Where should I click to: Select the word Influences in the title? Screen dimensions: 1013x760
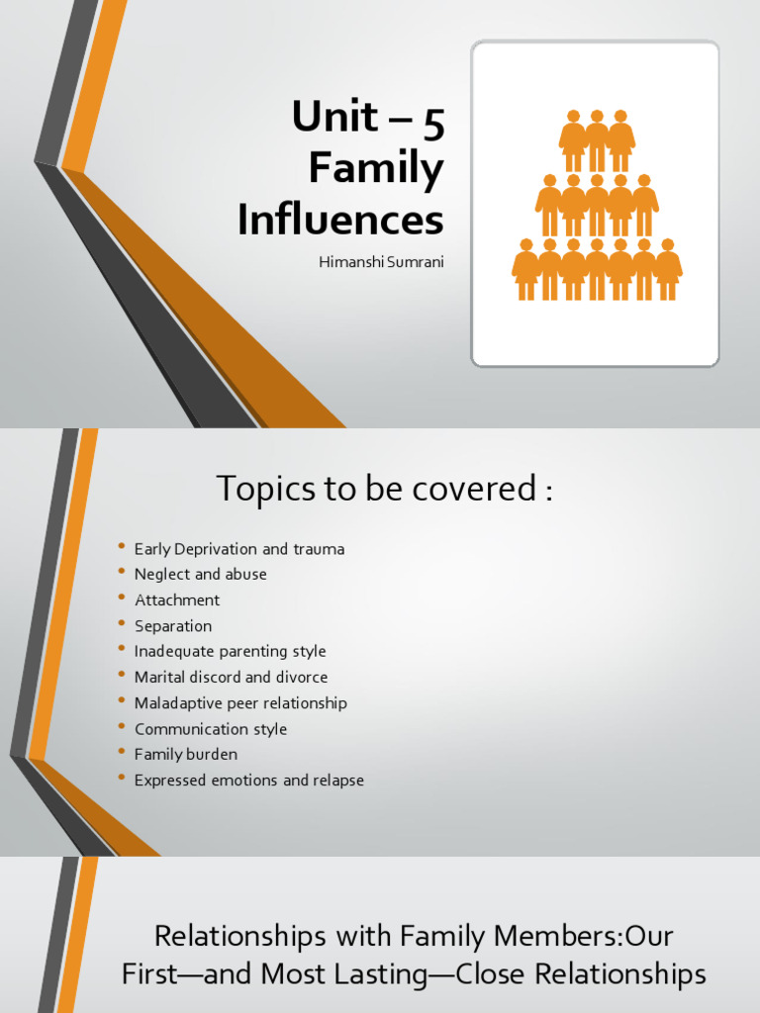pos(340,220)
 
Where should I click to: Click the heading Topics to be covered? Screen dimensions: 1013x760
pos(384,488)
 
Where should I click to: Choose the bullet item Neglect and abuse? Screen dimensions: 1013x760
pos(201,575)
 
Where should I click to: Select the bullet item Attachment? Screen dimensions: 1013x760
pos(177,600)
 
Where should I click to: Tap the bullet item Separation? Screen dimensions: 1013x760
pos(173,626)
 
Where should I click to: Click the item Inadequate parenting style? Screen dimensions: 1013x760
pos(231,652)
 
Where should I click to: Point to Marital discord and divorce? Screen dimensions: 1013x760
pos(232,678)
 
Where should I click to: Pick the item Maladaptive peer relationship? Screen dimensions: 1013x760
pos(240,703)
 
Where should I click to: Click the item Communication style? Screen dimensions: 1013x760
pos(211,729)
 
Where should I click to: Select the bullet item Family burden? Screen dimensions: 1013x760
pos(186,755)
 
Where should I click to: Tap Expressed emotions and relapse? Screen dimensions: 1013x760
pos(249,781)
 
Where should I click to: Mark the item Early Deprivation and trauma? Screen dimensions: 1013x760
pos(239,549)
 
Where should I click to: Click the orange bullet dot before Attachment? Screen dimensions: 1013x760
pos(122,599)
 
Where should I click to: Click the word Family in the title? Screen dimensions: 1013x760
pos(376,169)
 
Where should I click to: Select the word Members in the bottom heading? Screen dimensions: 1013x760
pos(547,935)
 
